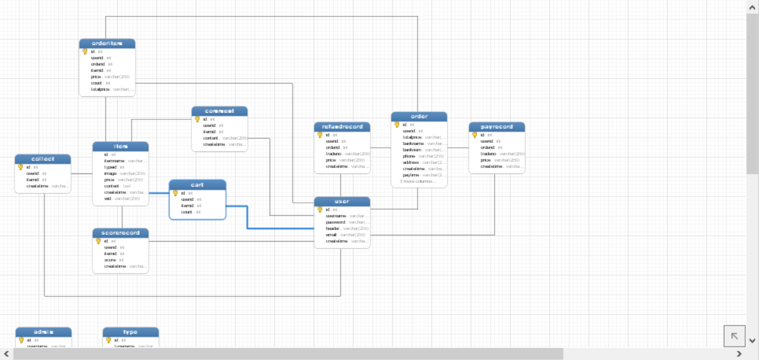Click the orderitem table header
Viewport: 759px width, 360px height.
107,43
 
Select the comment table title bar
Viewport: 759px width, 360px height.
219,111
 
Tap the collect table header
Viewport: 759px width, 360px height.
43,159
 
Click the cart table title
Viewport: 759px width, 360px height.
197,185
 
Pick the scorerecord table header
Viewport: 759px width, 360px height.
120,233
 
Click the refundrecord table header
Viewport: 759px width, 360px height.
342,127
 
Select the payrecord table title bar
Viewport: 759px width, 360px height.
497,127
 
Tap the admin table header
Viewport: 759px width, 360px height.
43,332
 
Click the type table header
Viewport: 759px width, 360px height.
130,332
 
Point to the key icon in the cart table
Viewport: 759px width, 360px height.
175,193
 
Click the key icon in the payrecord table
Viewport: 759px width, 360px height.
475,135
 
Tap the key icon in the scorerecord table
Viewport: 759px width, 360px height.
98,241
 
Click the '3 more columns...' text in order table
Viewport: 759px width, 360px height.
417,181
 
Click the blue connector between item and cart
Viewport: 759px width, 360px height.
159,193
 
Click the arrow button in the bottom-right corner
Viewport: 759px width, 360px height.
734,336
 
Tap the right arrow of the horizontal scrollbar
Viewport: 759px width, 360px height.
739,354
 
